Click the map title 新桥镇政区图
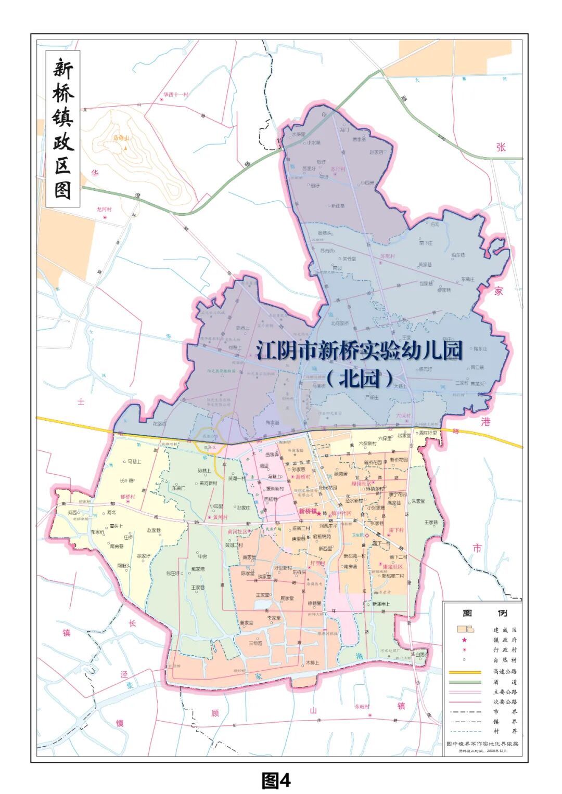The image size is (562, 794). click(63, 128)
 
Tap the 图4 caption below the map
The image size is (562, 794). click(276, 780)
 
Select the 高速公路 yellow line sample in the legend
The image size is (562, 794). click(465, 672)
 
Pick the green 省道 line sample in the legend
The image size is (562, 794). click(465, 682)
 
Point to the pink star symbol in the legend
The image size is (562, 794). click(464, 640)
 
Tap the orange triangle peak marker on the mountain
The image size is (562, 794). click(125, 149)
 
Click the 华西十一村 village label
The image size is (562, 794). click(175, 95)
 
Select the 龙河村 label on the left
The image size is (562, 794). click(104, 210)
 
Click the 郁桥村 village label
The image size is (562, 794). click(127, 497)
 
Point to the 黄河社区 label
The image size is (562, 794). click(237, 531)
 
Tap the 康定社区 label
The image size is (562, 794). click(392, 566)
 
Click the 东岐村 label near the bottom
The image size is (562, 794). click(362, 707)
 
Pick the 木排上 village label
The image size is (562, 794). click(312, 663)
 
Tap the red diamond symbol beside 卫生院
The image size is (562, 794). click(367, 535)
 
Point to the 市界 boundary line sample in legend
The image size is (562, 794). click(465, 712)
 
